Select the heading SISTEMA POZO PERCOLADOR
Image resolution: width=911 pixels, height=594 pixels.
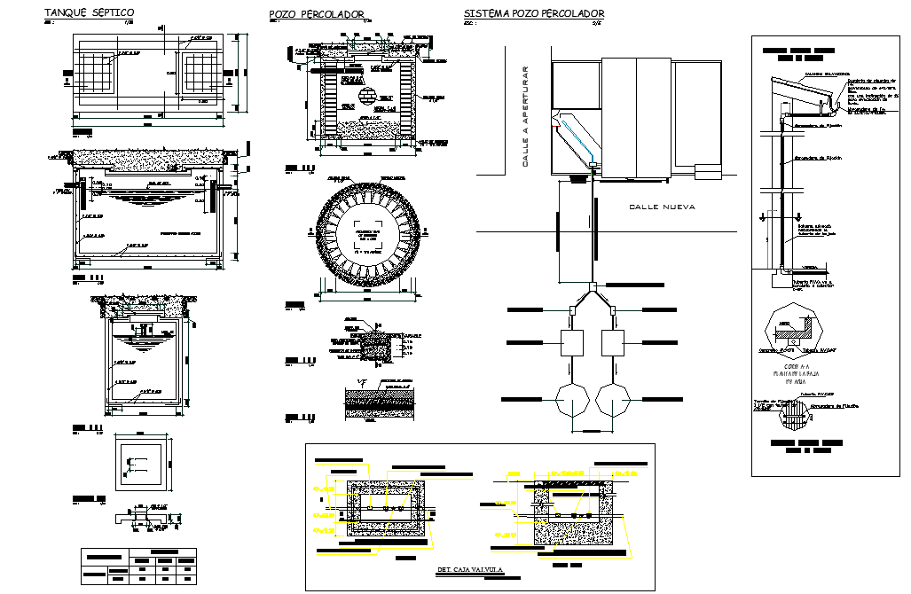[x=534, y=13]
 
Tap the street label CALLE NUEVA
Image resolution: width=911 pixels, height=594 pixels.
[x=662, y=207]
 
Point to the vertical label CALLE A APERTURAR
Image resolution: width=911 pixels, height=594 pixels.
[x=525, y=116]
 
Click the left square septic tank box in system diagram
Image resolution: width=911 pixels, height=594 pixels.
[x=569, y=342]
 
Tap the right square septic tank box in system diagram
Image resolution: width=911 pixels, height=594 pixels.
[x=618, y=342]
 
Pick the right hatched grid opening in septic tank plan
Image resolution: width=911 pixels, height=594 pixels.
[x=206, y=71]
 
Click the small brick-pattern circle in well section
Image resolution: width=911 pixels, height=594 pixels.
[x=366, y=93]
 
